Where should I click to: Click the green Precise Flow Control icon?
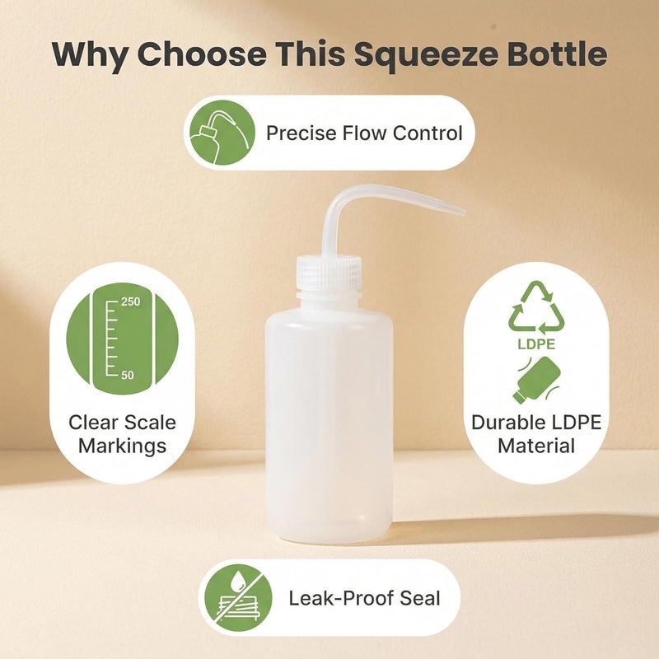click(222, 133)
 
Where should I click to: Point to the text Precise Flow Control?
click(364, 133)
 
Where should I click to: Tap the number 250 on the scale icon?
click(130, 301)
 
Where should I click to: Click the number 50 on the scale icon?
click(128, 375)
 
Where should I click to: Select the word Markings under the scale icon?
click(122, 446)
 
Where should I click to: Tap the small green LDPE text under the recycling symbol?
click(536, 344)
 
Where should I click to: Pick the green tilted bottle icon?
click(538, 381)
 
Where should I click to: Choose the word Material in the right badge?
click(536, 446)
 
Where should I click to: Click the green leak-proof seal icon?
click(238, 598)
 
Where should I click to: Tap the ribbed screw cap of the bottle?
click(329, 272)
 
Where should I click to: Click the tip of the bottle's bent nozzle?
click(463, 213)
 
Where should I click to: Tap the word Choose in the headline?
click(202, 54)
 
